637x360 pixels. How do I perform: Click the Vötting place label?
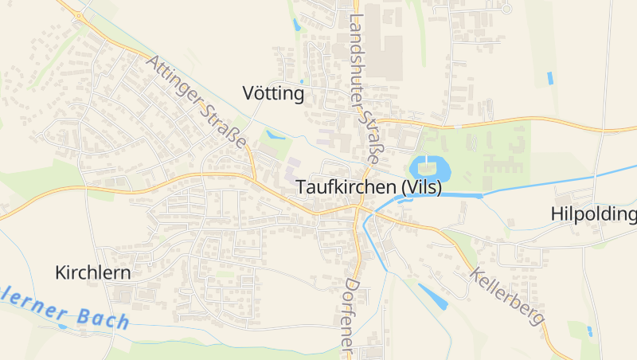(x=273, y=94)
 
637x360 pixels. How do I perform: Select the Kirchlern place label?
(x=92, y=272)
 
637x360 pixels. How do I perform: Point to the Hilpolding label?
(x=593, y=214)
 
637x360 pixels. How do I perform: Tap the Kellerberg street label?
(x=507, y=295)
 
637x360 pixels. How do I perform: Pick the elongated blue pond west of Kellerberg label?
(x=432, y=295)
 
